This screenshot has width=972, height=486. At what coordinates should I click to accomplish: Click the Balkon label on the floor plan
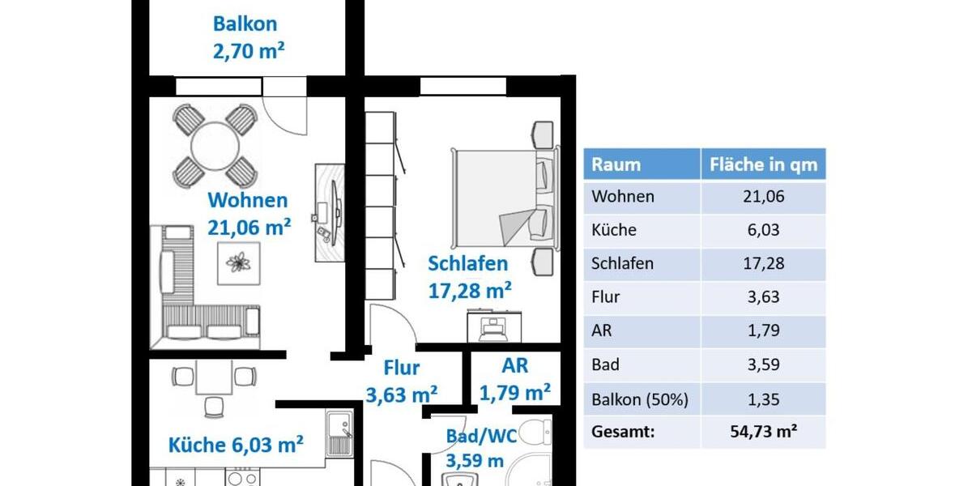[245, 23]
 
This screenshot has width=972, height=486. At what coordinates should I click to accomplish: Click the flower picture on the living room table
[238, 262]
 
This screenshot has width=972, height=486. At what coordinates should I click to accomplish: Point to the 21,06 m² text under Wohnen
[249, 228]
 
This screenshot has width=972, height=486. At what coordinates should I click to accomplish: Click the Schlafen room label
[468, 263]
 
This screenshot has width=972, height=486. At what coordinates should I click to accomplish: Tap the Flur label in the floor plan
[402, 368]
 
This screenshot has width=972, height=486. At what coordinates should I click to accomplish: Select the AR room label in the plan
[515, 365]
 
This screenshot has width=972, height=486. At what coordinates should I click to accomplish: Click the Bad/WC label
[482, 437]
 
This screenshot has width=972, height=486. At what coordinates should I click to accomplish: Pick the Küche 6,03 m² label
[236, 445]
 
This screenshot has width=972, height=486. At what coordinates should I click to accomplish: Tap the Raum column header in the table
[616, 164]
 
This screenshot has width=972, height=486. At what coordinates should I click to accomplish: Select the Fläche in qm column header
[763, 164]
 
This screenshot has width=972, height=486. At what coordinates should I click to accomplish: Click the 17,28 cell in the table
[763, 263]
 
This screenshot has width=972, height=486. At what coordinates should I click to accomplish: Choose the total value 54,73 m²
[763, 432]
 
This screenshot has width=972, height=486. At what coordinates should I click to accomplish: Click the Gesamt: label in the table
[623, 432]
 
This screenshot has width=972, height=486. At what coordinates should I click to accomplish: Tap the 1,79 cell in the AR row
[763, 330]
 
